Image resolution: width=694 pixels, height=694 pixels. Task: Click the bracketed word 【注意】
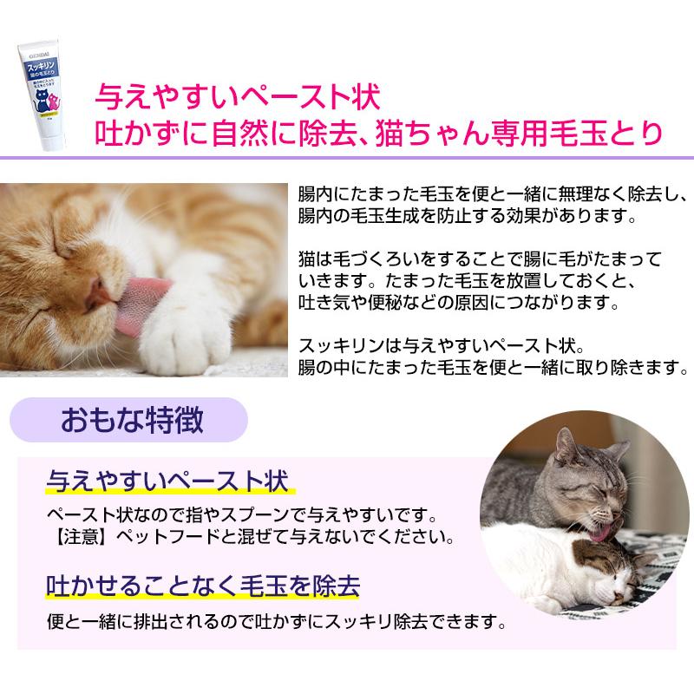coord(73,535)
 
